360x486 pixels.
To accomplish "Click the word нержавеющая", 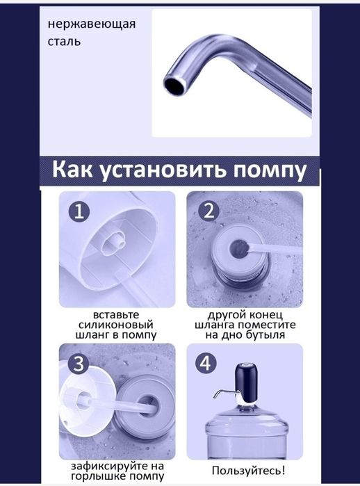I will [x=91, y=25].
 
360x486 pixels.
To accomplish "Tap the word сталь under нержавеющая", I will [x=64, y=42].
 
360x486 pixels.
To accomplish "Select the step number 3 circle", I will [x=79, y=364].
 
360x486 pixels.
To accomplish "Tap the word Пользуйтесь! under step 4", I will [x=248, y=471].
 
